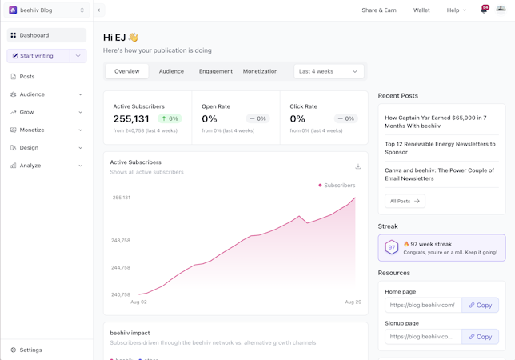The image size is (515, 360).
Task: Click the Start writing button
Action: [38, 56]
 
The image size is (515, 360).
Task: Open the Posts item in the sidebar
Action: [27, 77]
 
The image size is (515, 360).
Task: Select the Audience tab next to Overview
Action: [171, 71]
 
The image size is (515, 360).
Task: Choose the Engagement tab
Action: [216, 71]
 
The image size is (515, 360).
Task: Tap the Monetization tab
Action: [260, 71]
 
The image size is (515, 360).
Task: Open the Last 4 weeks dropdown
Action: [329, 71]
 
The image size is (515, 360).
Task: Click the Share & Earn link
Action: [379, 10]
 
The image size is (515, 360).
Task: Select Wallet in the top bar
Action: [421, 10]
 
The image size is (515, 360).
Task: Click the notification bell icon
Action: [484, 10]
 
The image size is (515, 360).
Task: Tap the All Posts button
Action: [405, 201]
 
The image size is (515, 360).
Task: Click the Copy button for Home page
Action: [481, 305]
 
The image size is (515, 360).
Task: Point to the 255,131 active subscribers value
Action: [131, 118]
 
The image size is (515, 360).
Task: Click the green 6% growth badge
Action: [170, 118]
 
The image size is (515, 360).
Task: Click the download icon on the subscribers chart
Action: [358, 166]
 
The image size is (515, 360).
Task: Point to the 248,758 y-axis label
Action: [121, 240]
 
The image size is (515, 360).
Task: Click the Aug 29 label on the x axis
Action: [353, 302]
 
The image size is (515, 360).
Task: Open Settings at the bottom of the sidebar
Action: [30, 350]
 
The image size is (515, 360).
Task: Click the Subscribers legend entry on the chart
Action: [337, 185]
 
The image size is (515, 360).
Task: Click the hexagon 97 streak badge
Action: [392, 248]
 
